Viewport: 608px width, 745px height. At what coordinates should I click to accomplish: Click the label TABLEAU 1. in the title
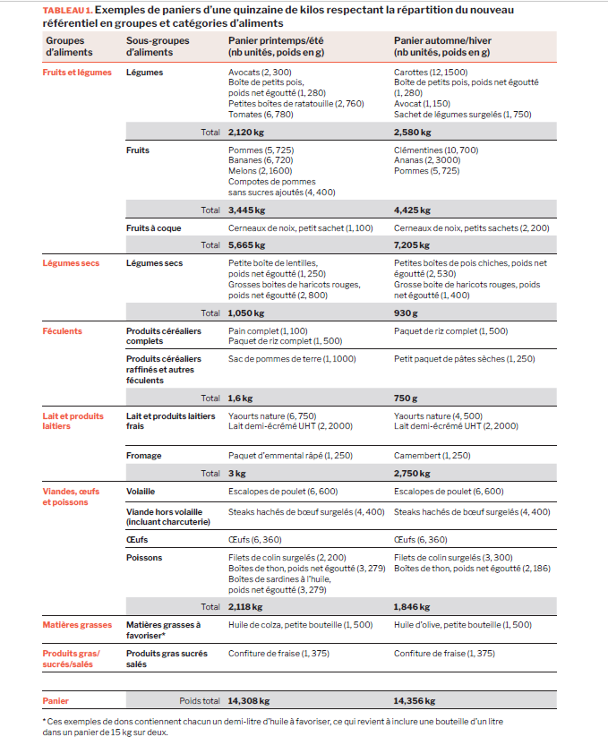point(65,10)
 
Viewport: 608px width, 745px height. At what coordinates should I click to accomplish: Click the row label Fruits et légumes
point(77,73)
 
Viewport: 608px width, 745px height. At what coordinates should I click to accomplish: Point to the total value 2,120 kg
point(247,132)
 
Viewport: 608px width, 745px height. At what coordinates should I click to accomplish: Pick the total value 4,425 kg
point(413,211)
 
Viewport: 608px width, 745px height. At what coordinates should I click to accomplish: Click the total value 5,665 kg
point(247,244)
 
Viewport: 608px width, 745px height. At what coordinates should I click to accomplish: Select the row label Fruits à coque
point(154,228)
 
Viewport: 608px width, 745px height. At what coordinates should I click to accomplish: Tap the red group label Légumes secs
point(71,263)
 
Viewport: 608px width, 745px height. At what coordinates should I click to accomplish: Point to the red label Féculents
point(63,331)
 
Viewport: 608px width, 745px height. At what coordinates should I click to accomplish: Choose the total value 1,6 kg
point(241,398)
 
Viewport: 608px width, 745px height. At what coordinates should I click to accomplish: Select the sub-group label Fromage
point(144,456)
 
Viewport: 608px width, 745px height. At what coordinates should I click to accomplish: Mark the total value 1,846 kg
point(413,606)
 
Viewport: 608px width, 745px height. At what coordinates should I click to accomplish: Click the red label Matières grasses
point(77,624)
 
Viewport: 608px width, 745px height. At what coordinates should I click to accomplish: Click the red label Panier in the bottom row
point(56,701)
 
